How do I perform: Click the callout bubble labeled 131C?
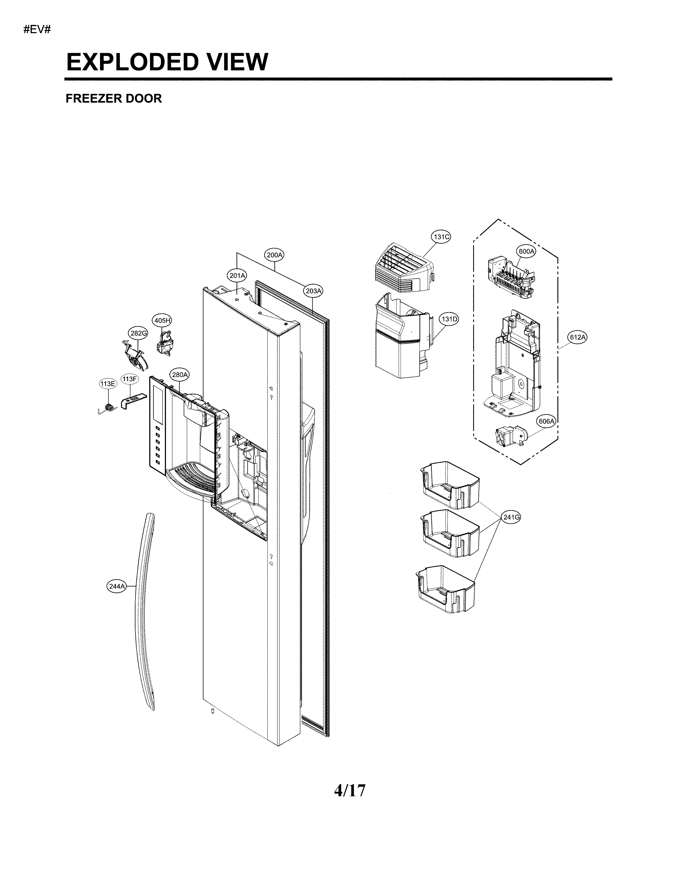pyautogui.click(x=441, y=237)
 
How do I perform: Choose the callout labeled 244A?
pyautogui.click(x=117, y=587)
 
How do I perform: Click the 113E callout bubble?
pyautogui.click(x=108, y=383)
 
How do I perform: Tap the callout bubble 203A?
pyautogui.click(x=314, y=291)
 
